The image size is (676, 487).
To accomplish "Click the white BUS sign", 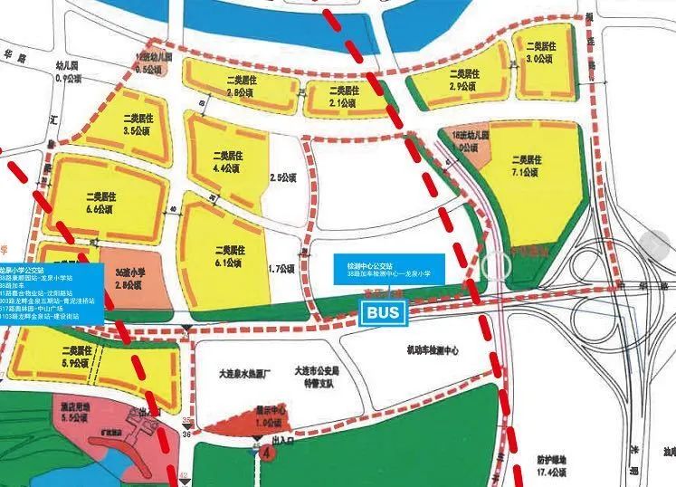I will pos(384,314).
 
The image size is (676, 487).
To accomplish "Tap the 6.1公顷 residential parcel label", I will pos(227,255).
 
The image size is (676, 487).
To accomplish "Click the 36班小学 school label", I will pos(131,277).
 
